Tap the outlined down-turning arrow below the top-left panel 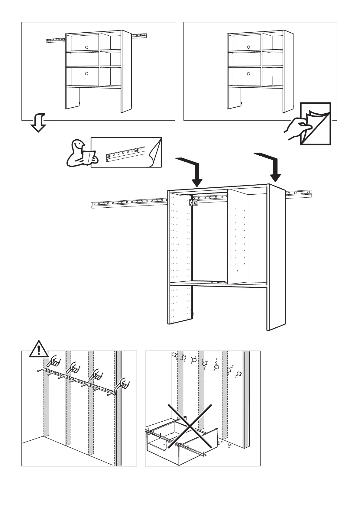click(38, 123)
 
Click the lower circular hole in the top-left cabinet click(86, 73)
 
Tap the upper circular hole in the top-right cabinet click(248, 47)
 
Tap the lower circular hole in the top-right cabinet click(248, 73)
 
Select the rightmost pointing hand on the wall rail click(123, 384)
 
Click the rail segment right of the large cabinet click(299, 193)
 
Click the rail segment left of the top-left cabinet click(55, 40)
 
